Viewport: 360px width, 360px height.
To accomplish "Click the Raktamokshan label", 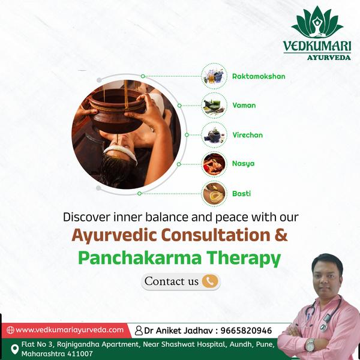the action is coord(259,76).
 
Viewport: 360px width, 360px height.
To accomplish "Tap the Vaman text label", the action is coord(244,106).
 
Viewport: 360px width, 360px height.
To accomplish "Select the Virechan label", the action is coord(247,135).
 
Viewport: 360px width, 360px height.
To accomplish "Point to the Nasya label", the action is coord(243,164).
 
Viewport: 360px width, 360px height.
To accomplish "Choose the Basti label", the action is coord(241,194).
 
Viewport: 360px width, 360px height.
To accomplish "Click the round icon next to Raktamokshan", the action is coord(214,76).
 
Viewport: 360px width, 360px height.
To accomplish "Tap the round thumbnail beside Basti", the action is coord(214,194).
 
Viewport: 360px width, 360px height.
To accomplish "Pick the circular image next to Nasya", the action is coord(214,164).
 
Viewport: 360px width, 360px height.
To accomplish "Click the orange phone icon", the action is coord(210,281).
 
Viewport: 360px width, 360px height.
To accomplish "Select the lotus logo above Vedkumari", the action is coord(317,22).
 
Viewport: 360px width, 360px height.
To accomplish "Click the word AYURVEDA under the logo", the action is coord(329,58).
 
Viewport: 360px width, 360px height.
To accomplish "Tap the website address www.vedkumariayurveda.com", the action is coord(70,330).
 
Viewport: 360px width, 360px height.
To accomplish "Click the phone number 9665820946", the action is coord(246,331).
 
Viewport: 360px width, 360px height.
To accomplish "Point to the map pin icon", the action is coord(14,349).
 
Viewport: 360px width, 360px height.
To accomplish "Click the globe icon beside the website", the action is coord(10,330).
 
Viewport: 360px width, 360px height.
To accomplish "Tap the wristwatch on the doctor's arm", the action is coord(310,345).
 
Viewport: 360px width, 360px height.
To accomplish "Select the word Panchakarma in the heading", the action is coord(140,258).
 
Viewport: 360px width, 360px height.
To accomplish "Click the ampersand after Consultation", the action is coord(281,235).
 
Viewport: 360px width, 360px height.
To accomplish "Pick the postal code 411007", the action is coord(80,353).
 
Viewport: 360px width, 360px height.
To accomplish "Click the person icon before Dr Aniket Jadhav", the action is coord(139,331).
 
